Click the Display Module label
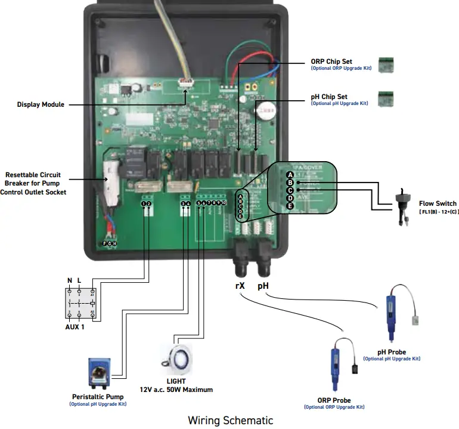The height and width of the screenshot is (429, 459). [x=41, y=104]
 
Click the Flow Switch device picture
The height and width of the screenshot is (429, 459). [x=403, y=206]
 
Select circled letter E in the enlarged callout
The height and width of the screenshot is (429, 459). [x=290, y=206]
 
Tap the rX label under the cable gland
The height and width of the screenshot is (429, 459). [x=240, y=286]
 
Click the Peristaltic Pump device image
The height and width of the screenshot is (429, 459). [x=98, y=374]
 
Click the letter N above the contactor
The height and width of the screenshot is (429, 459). [x=69, y=280]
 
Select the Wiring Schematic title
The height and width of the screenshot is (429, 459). [x=230, y=420]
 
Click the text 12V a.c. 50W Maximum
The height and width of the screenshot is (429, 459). [x=176, y=390]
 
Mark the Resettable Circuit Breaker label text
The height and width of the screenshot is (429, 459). [x=39, y=183]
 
